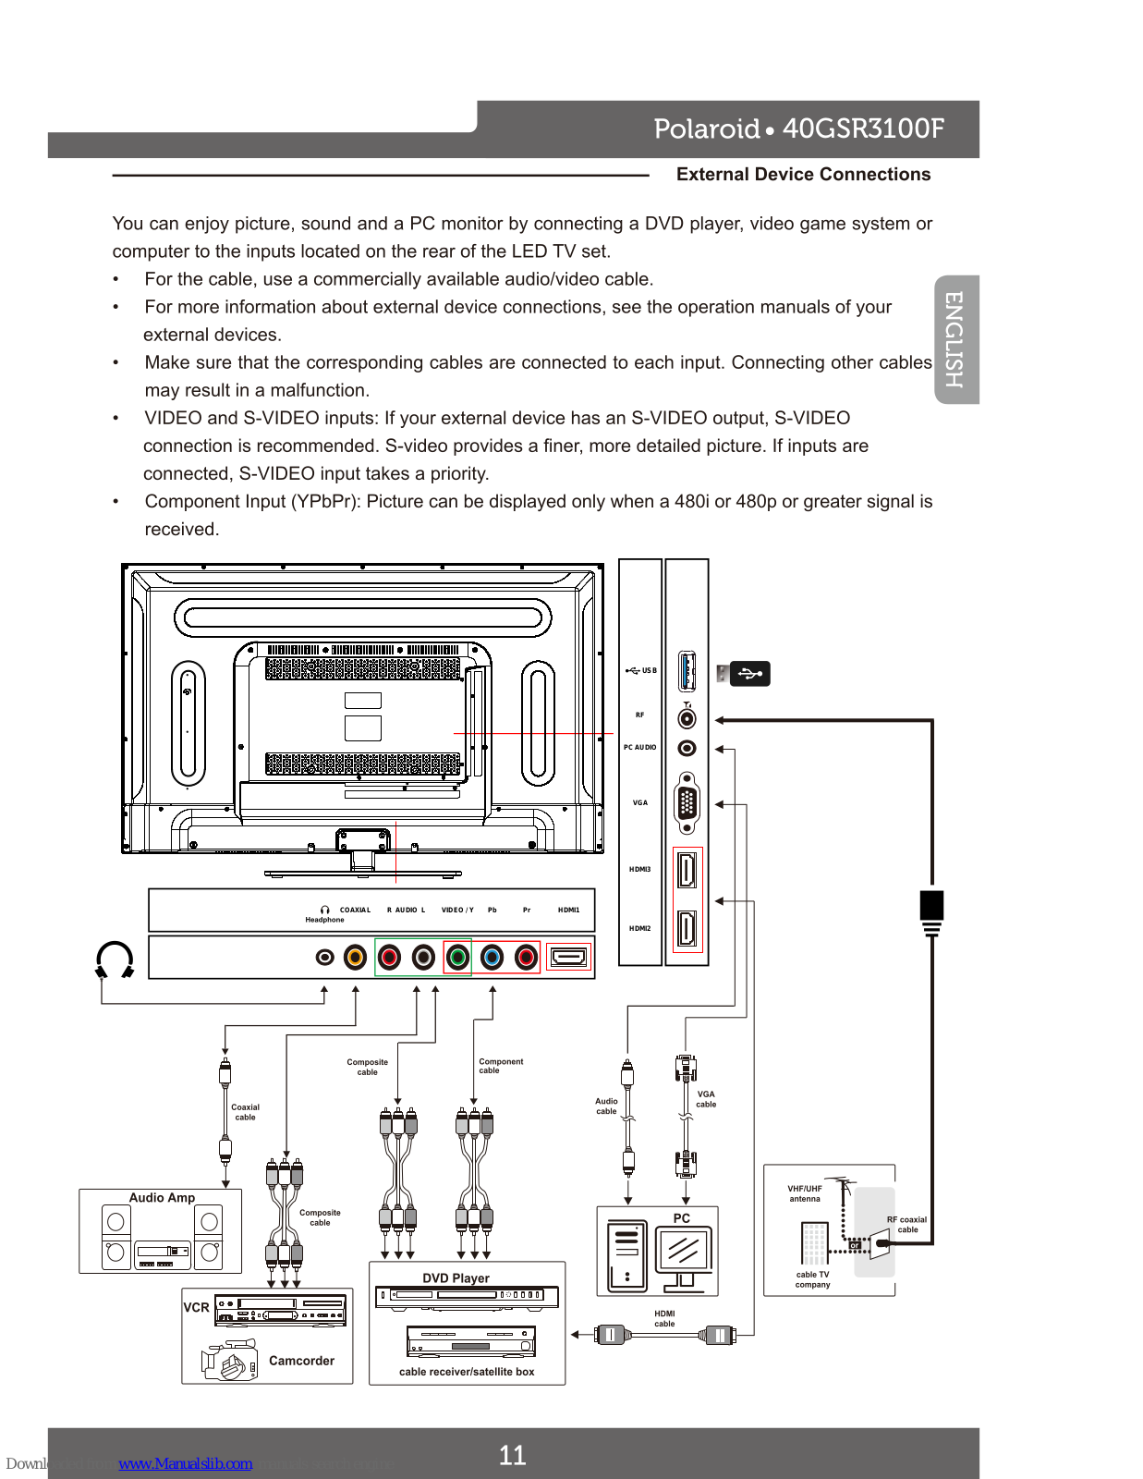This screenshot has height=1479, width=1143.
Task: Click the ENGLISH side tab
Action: click(x=955, y=339)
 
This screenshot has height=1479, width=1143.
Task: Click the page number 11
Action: click(x=512, y=1455)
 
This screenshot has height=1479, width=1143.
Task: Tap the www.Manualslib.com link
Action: click(x=185, y=1463)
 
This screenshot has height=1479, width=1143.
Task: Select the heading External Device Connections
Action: click(x=803, y=175)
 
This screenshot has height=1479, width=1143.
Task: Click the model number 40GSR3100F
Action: click(x=863, y=128)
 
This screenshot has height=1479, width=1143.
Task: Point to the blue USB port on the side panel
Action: click(x=687, y=671)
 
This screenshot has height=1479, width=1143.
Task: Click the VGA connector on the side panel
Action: click(x=687, y=803)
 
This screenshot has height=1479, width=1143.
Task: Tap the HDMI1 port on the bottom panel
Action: click(x=568, y=958)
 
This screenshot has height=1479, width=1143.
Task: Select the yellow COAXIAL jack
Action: click(x=356, y=958)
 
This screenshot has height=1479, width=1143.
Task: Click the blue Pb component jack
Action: click(x=492, y=958)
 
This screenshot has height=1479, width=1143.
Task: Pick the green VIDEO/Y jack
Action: click(x=457, y=958)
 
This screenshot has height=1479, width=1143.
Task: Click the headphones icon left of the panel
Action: click(x=115, y=960)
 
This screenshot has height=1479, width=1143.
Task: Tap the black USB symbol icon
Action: click(x=750, y=674)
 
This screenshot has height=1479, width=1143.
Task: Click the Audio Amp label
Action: click(x=162, y=1198)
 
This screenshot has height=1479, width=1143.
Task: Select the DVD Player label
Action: click(x=456, y=1278)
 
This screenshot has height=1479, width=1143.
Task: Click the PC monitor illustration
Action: click(x=684, y=1253)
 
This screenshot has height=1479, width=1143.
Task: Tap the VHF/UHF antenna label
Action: click(x=804, y=1193)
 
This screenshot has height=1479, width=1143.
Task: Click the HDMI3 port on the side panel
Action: click(x=687, y=870)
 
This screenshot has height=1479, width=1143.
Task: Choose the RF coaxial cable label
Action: click(x=906, y=1225)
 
